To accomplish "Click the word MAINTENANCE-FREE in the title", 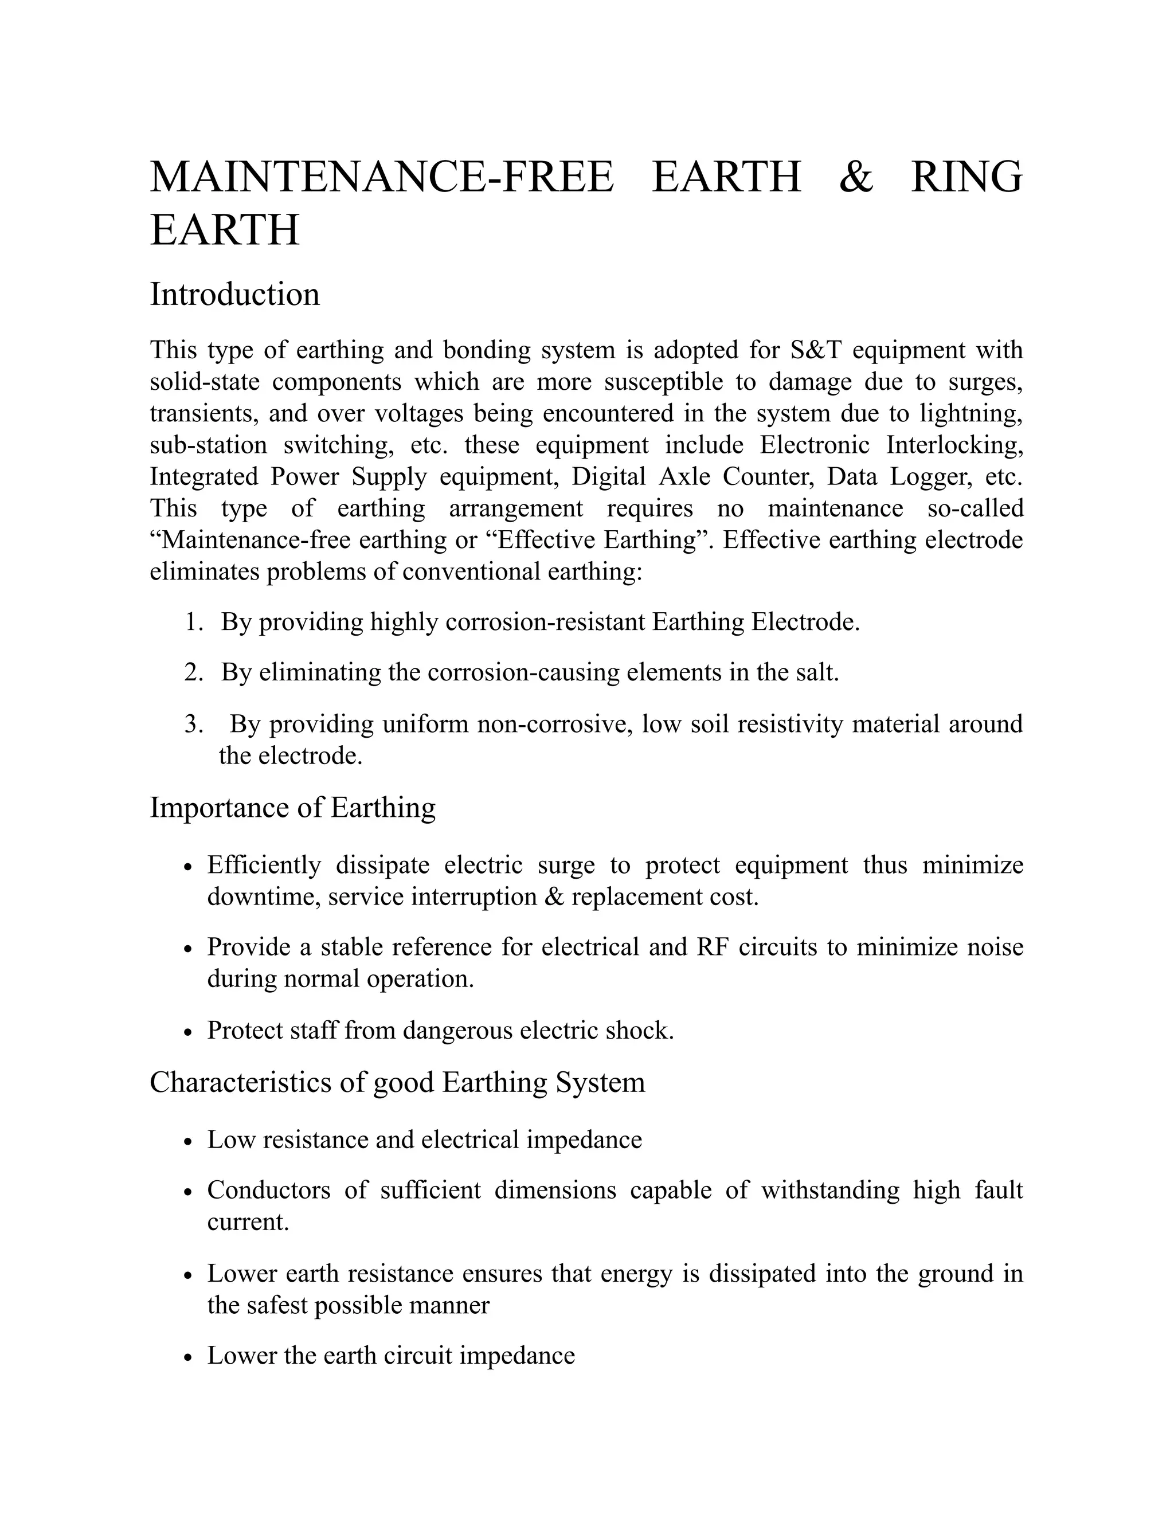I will [x=382, y=177].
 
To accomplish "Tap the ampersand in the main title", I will [x=855, y=177].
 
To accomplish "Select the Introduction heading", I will [x=234, y=294].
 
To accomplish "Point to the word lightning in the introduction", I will [x=971, y=413].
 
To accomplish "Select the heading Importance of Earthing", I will [x=293, y=808].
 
